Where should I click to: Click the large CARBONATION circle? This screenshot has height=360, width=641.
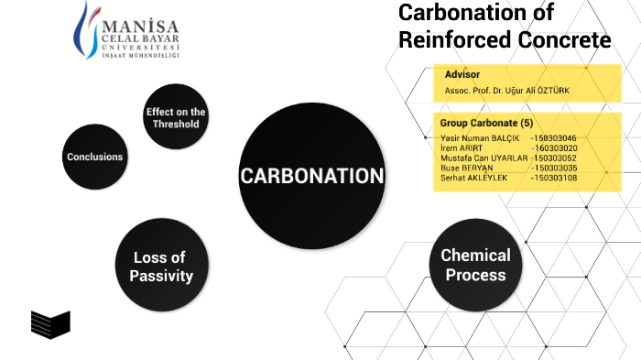click(310, 176)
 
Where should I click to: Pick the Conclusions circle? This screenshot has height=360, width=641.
click(94, 157)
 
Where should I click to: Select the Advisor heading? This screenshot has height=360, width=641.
click(462, 75)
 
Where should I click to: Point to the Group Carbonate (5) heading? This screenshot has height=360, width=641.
click(486, 123)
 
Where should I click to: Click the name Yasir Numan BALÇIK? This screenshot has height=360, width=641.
click(480, 137)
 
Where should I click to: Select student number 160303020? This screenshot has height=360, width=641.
click(554, 147)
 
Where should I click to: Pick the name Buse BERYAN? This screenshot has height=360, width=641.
click(467, 168)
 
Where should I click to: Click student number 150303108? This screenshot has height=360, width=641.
click(554, 178)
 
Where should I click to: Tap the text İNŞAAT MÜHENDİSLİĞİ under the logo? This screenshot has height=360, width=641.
click(139, 55)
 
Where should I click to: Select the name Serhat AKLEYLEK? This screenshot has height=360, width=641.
click(473, 178)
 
